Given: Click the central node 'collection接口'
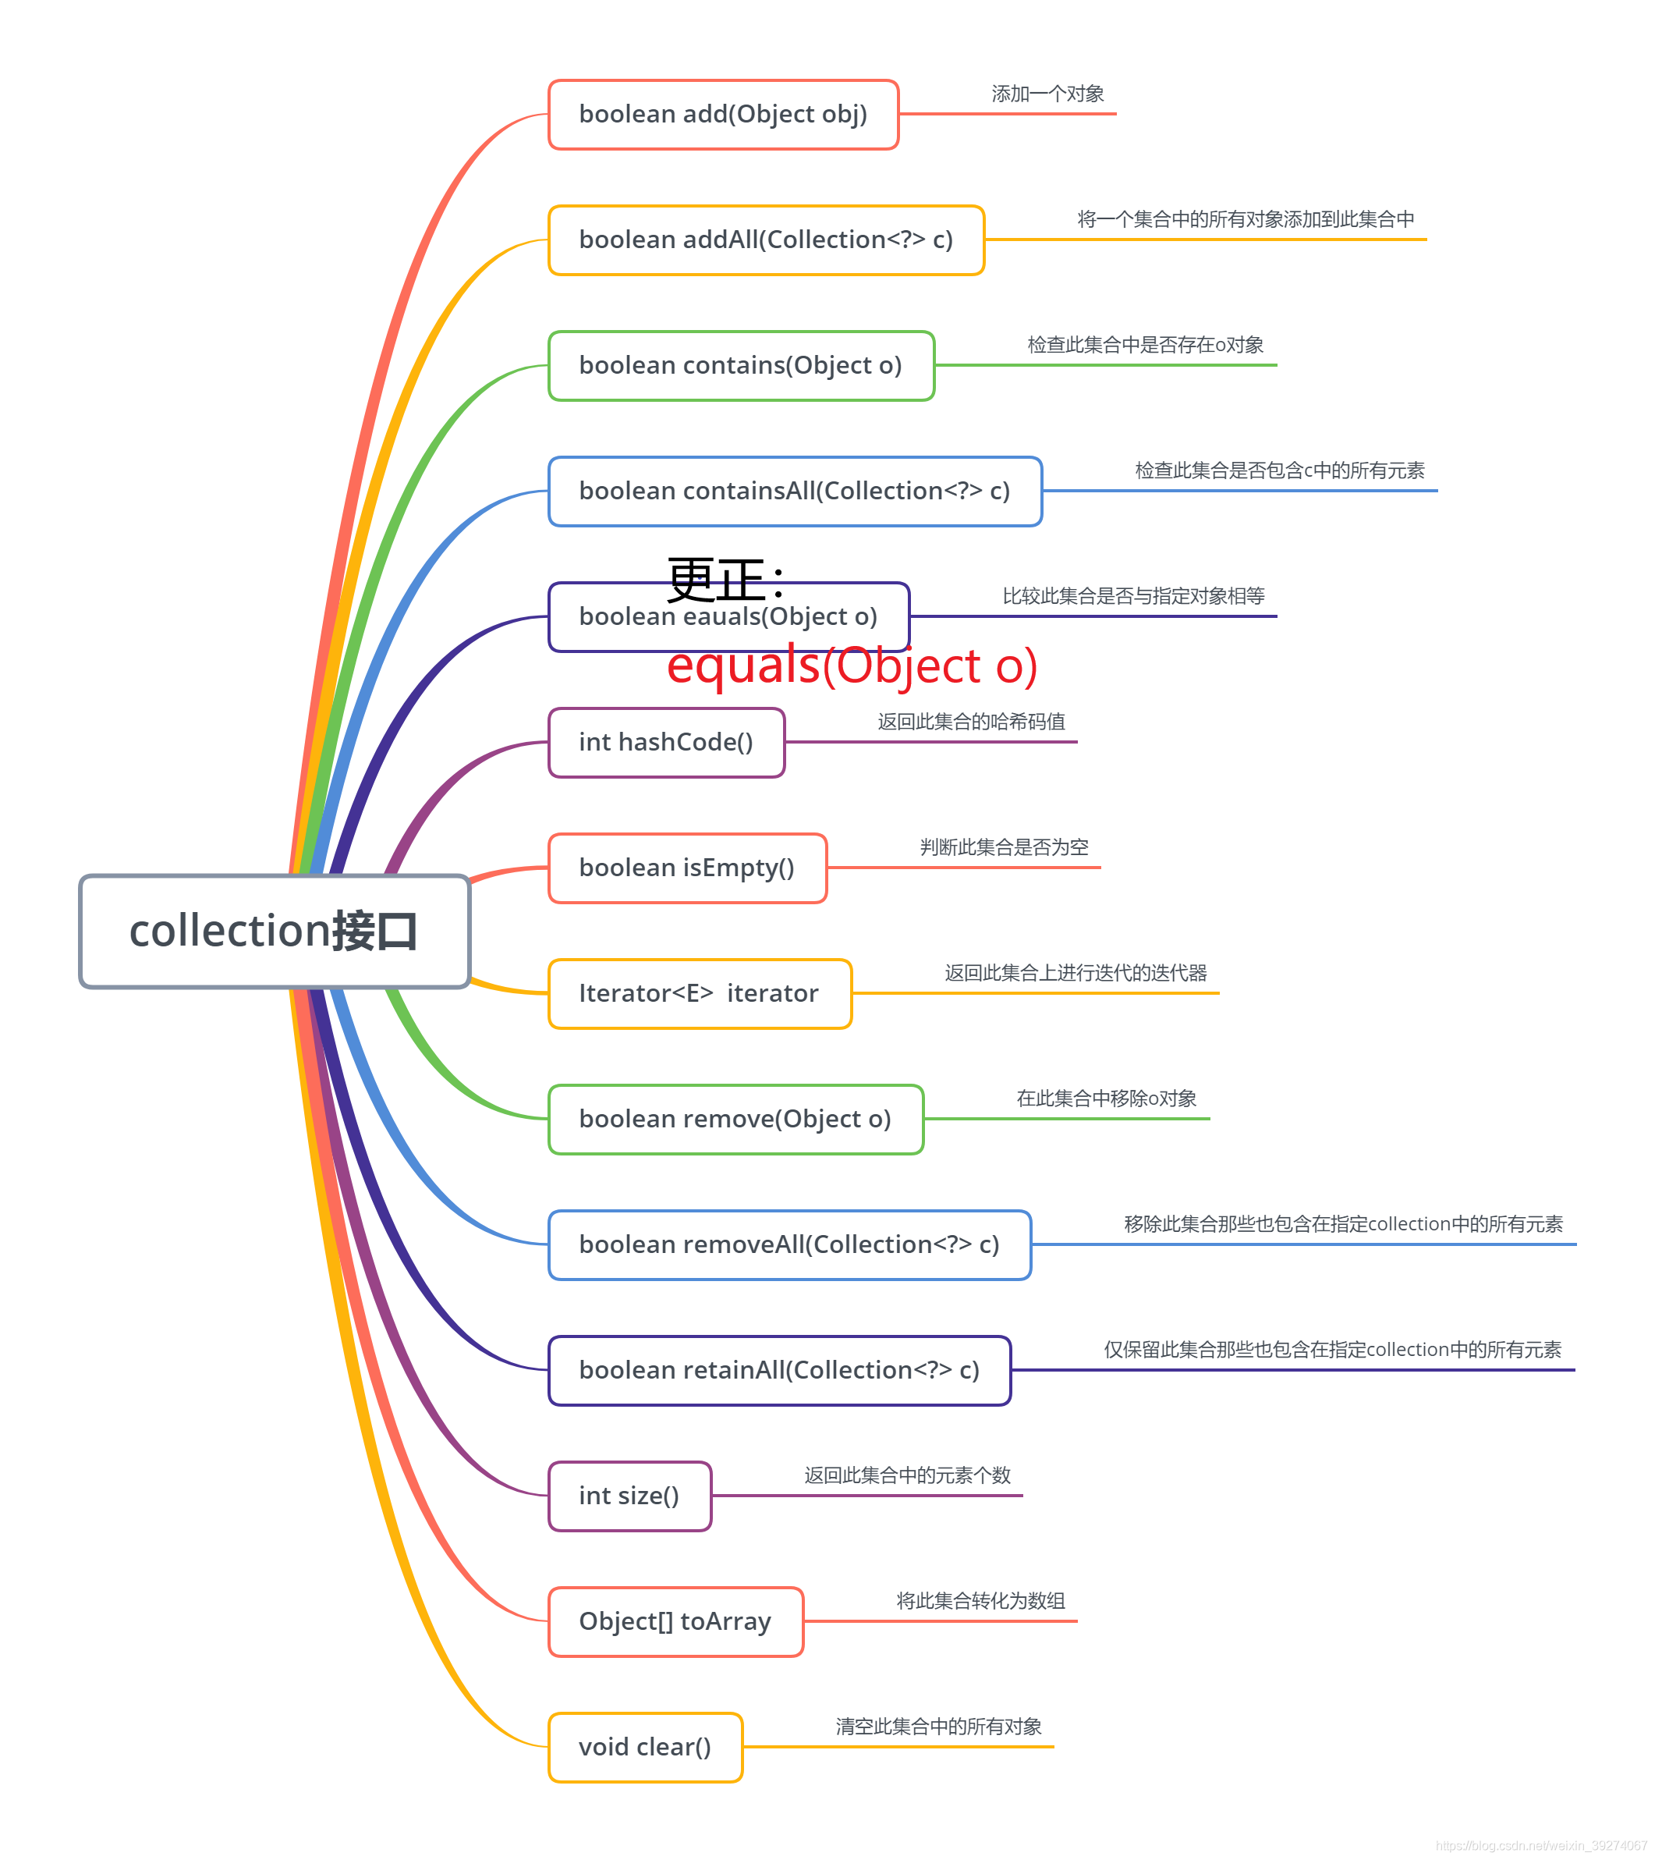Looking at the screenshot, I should click(274, 931).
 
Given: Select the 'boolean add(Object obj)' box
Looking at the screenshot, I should click(723, 115).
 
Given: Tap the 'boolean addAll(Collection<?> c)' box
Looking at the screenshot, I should click(766, 240).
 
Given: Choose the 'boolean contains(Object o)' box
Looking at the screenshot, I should click(741, 366).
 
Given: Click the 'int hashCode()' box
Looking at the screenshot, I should click(666, 743).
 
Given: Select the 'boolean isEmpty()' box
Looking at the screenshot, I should click(687, 868).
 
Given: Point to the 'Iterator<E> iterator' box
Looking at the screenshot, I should click(699, 994).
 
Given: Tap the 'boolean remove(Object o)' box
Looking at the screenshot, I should click(735, 1120).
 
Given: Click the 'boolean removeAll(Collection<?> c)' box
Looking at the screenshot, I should click(789, 1245).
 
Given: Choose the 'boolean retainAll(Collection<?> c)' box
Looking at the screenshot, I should click(779, 1371).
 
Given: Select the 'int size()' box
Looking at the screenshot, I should click(629, 1496).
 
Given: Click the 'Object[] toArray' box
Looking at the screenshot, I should click(675, 1621).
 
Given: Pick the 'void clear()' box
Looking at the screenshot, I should click(645, 1747).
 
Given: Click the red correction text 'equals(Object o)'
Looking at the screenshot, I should click(852, 666).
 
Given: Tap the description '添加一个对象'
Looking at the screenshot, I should click(1047, 94).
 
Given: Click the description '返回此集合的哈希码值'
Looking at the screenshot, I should click(971, 722).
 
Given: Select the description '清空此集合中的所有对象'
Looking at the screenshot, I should click(938, 1727).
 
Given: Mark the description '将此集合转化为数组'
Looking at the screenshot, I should click(980, 1601).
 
